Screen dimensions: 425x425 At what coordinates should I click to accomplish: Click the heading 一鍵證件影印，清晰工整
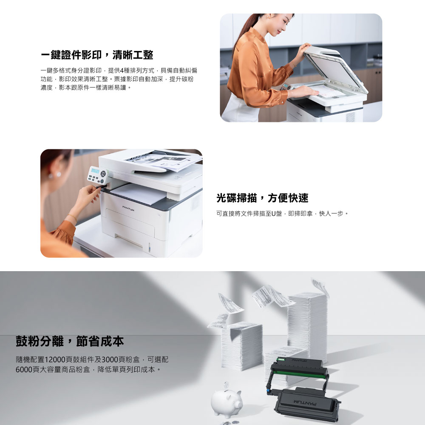97,55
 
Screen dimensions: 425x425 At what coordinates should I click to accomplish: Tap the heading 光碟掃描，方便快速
262,198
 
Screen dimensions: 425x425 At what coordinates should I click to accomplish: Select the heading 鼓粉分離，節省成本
70,341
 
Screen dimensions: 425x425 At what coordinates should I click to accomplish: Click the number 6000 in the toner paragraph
24,369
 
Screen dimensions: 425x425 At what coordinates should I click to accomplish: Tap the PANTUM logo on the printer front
128,208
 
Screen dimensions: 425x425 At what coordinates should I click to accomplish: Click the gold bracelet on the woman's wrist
73,217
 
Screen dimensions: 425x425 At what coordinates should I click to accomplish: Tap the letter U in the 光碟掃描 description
273,214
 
